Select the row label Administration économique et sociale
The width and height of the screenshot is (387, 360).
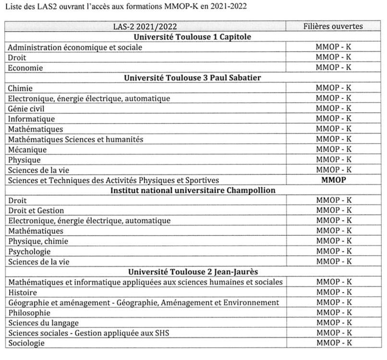point(75,47)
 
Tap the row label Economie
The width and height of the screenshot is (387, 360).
point(25,68)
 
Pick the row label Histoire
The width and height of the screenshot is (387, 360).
point(23,292)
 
